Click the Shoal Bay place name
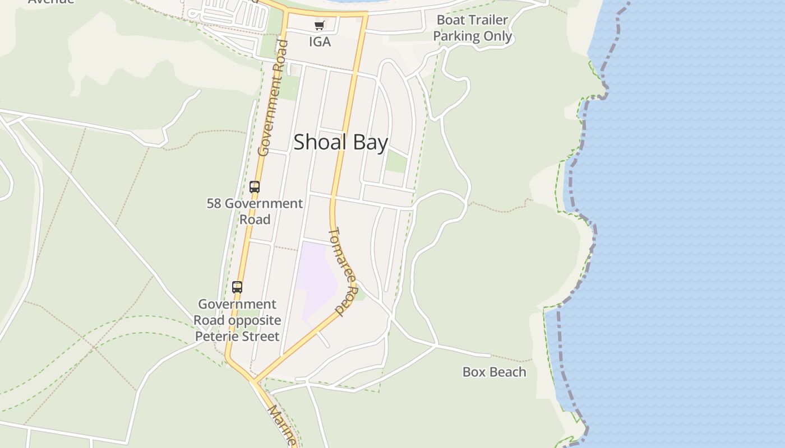(x=340, y=142)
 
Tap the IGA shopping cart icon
(x=320, y=25)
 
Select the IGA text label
(x=320, y=42)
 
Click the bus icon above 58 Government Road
(x=255, y=187)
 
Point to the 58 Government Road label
(x=255, y=211)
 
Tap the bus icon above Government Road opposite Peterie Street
(x=237, y=287)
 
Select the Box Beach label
(x=494, y=372)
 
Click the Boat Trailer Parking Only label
(x=473, y=28)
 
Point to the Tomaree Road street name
(x=343, y=270)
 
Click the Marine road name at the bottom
(x=281, y=425)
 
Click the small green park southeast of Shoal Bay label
(x=396, y=162)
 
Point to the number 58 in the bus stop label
(x=214, y=203)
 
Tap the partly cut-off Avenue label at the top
(x=51, y=2)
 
